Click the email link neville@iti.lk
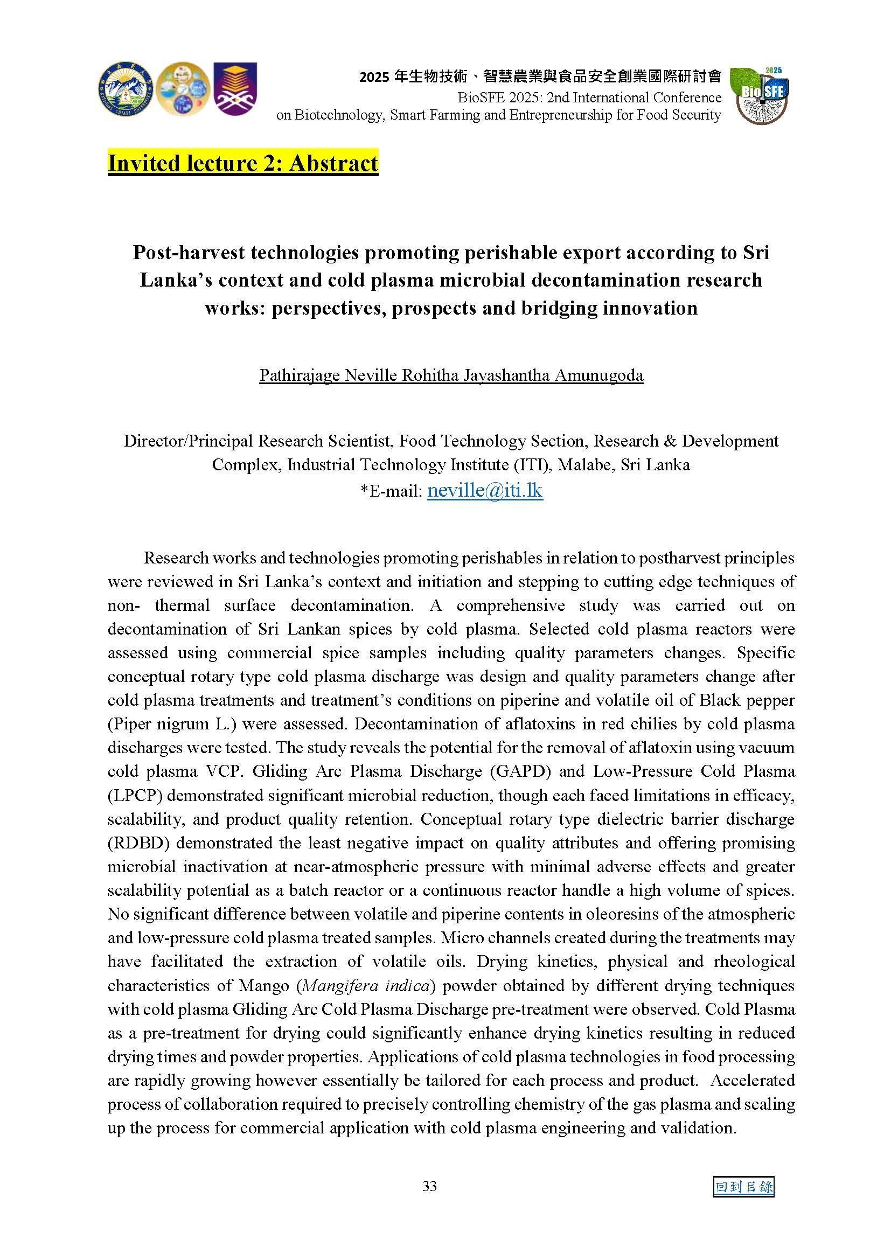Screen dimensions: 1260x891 (x=484, y=490)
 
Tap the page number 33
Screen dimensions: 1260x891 (x=429, y=1186)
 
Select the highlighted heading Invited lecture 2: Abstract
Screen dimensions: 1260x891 (x=242, y=163)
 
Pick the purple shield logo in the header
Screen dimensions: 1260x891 (x=235, y=88)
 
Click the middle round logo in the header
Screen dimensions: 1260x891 (x=183, y=88)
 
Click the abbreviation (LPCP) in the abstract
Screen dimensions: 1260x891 (x=135, y=795)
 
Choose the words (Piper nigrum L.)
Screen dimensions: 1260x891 (x=172, y=724)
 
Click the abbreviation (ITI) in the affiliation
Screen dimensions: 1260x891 (x=533, y=465)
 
